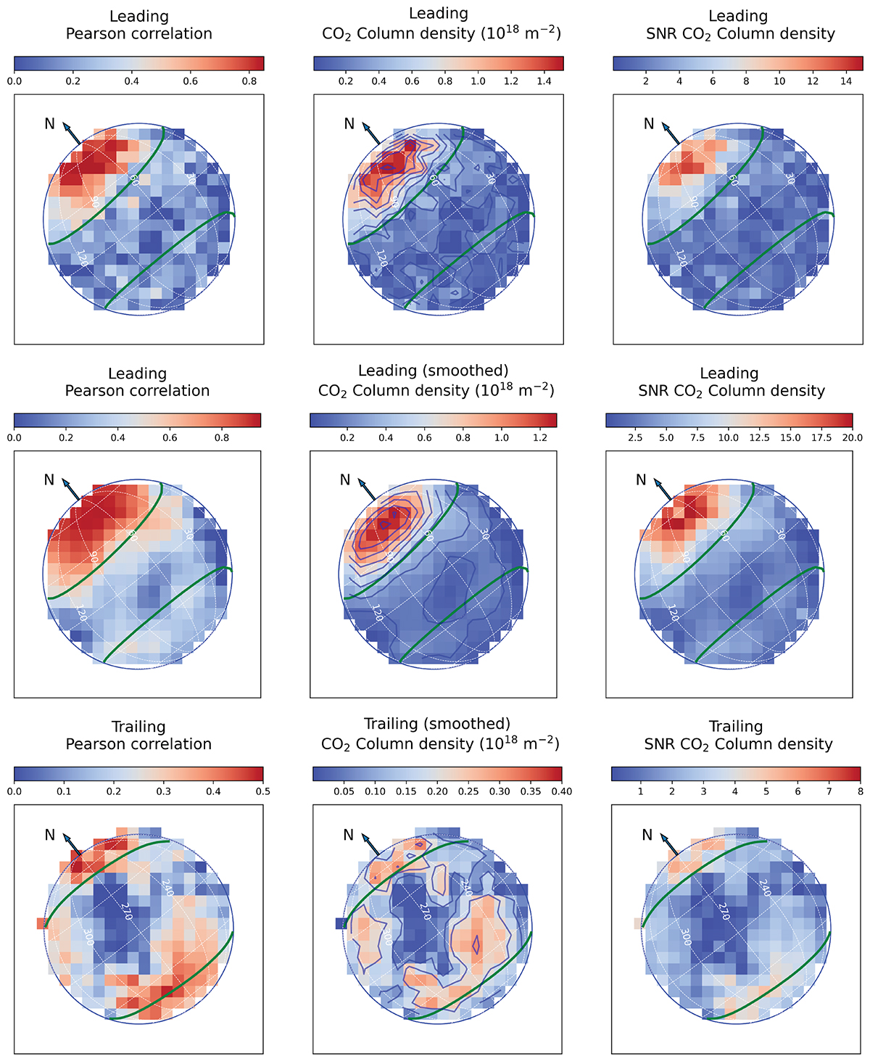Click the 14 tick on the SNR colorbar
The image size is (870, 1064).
846,81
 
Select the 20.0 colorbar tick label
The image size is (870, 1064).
852,437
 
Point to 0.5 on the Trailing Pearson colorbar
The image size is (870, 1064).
262,791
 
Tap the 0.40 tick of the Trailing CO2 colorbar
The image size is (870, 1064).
562,791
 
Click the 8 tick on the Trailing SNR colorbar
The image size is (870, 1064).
861,791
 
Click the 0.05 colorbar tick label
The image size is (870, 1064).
344,791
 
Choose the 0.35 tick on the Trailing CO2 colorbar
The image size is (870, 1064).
531,791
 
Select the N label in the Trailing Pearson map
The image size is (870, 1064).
49,835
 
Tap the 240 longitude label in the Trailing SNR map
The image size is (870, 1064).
764,887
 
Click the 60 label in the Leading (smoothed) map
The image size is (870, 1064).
429,535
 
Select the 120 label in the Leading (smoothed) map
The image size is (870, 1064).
377,613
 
